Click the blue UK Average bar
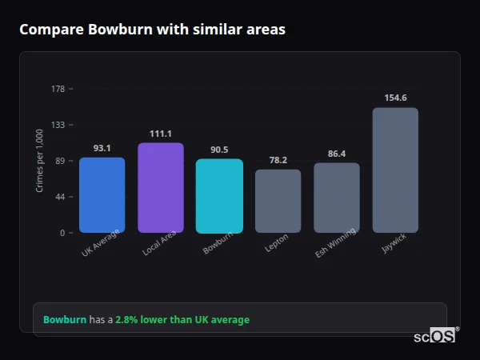tap(102, 195)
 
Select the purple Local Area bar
tap(161, 188)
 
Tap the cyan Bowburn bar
tap(219, 196)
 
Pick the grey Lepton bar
tap(278, 201)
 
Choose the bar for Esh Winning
tap(337, 198)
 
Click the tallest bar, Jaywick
tap(395, 170)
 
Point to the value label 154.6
tap(395, 98)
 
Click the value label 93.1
tap(102, 148)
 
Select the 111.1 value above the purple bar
tap(161, 134)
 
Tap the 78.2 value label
tap(278, 160)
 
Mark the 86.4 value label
tap(337, 154)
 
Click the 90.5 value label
tap(219, 150)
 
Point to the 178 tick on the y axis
tap(58, 89)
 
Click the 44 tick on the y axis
tap(60, 197)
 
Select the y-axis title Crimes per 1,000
tap(39, 161)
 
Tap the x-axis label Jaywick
tap(394, 244)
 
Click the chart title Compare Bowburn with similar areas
tap(152, 30)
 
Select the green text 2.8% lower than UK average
tap(182, 319)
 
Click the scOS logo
tap(435, 336)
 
